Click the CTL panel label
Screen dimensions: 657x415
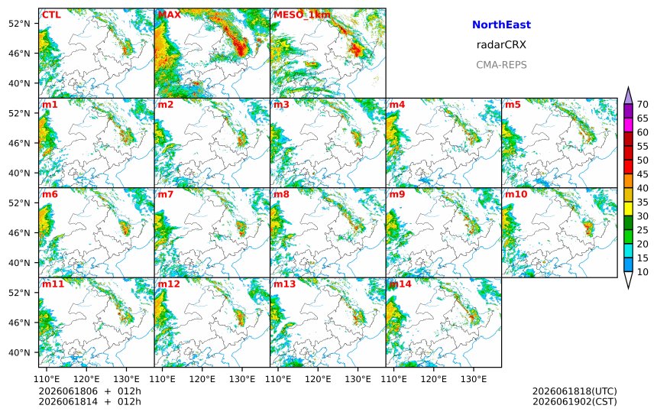click(x=51, y=15)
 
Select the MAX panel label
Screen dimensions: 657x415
click(x=170, y=15)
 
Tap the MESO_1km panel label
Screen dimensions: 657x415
click(x=302, y=15)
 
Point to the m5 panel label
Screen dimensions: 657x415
click(x=513, y=105)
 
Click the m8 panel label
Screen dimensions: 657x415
click(x=281, y=194)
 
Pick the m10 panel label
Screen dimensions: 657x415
click(x=516, y=194)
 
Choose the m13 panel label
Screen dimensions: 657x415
click(x=284, y=284)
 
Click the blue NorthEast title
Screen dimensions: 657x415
click(x=501, y=24)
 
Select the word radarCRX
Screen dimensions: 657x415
click(x=501, y=45)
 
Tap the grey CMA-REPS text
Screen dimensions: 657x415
click(x=501, y=65)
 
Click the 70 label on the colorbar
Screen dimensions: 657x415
click(x=642, y=105)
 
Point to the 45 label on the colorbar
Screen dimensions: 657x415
click(x=642, y=174)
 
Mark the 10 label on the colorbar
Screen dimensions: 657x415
click(x=642, y=272)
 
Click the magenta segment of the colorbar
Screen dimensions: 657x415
click(x=628, y=125)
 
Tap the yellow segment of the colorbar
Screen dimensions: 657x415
click(x=628, y=209)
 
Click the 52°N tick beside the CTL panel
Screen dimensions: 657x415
click(x=19, y=24)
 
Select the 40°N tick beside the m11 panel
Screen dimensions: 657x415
click(x=19, y=352)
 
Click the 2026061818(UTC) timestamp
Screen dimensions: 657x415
click(x=574, y=391)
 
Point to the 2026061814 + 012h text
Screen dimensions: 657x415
click(x=89, y=401)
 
